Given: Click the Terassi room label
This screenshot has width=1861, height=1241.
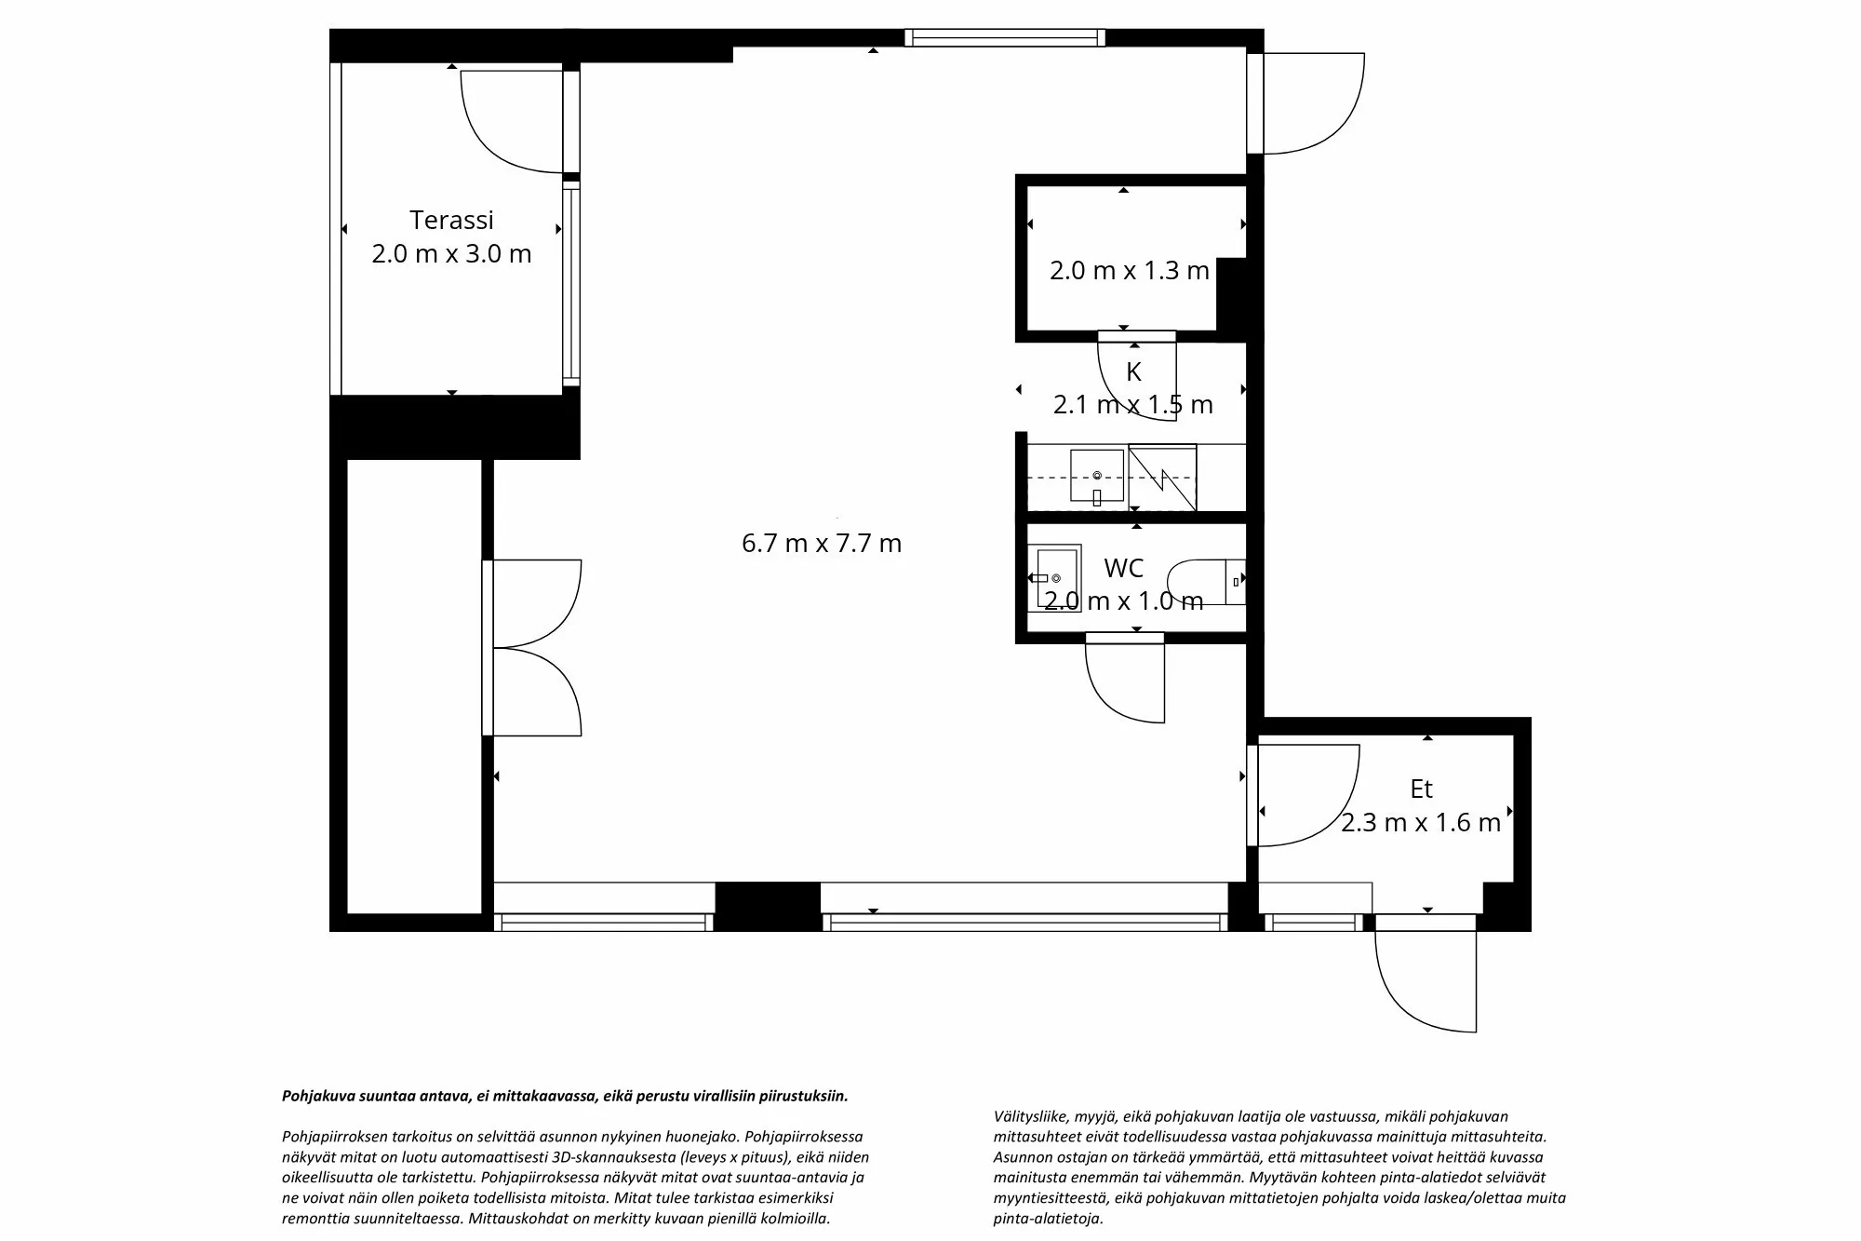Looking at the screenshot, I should click(451, 220).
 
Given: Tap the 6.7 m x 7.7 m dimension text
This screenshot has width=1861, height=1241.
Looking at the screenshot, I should click(822, 543).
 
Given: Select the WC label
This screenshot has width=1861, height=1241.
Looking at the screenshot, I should click(1123, 568).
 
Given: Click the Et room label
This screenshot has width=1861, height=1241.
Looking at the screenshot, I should click(1421, 789).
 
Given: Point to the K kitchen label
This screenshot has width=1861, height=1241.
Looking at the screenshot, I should click(1133, 371).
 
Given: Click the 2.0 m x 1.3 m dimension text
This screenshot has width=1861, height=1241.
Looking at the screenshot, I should click(1129, 270).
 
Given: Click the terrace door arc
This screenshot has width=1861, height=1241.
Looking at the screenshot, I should click(510, 121).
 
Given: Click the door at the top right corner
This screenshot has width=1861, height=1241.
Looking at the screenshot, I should click(1307, 102).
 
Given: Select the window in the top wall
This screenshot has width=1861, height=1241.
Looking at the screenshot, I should click(1005, 38).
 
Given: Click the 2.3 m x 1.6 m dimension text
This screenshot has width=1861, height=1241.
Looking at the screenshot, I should click(1421, 823).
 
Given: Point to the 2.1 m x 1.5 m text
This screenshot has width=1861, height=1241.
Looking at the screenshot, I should click(1132, 405).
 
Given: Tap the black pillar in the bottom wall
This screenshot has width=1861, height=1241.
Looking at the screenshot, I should click(767, 906).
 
